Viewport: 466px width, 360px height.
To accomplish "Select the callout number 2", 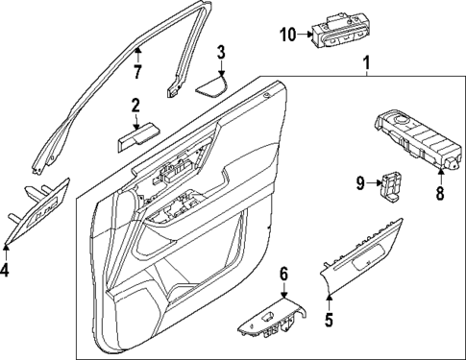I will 135,105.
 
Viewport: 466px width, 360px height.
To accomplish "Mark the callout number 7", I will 137,71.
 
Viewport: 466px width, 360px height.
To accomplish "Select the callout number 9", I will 359,181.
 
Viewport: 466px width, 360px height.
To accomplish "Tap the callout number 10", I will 287,36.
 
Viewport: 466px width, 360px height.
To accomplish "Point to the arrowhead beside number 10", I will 304,36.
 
